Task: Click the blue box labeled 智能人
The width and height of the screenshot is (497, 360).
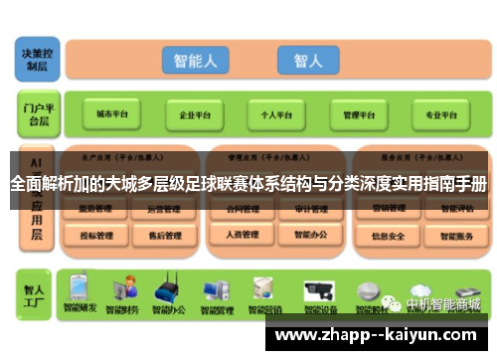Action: click(x=195, y=61)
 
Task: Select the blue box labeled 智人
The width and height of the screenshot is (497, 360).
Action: click(x=307, y=61)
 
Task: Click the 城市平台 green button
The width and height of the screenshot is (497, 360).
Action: click(x=111, y=114)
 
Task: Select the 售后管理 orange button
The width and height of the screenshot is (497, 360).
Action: click(x=163, y=236)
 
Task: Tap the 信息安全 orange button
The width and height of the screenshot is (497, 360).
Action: click(x=388, y=236)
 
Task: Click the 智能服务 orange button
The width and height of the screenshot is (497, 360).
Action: click(x=456, y=236)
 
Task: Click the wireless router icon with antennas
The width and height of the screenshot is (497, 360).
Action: click(x=165, y=289)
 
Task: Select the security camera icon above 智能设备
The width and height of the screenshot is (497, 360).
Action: click(x=321, y=289)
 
